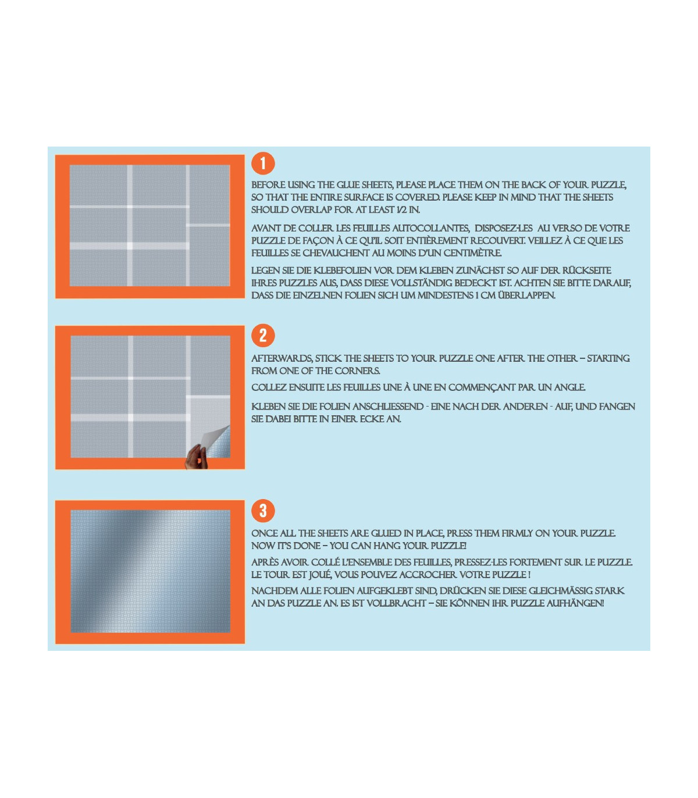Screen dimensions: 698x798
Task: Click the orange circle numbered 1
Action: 263,163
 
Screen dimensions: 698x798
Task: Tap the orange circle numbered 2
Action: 263,336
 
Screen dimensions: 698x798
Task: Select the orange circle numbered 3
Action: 263,511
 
